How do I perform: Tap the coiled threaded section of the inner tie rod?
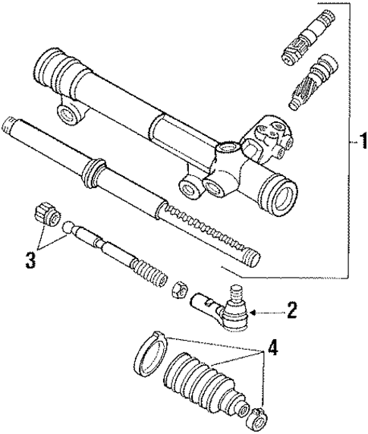[x=148, y=272]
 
